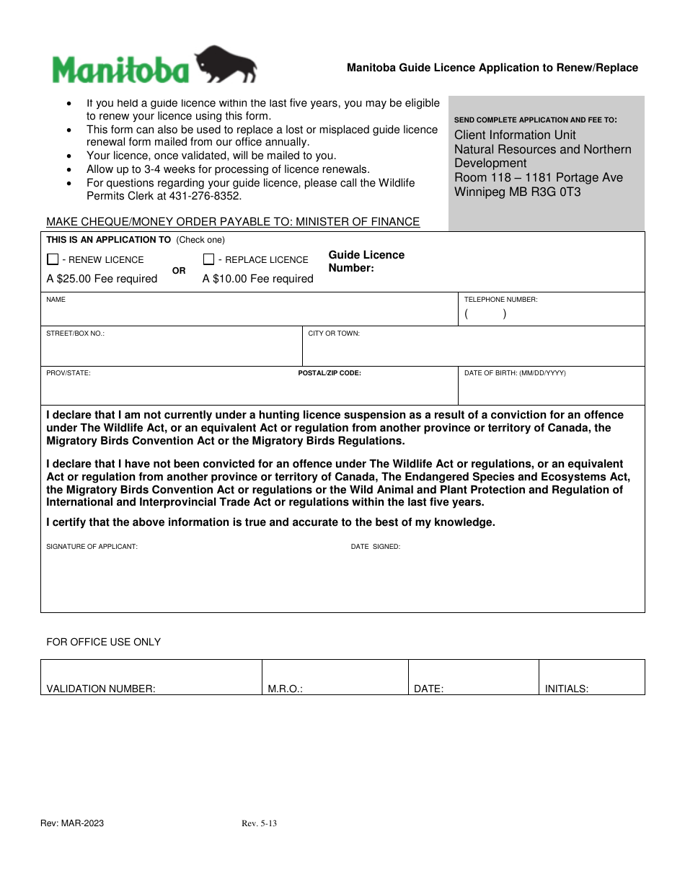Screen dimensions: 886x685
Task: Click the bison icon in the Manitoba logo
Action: (x=226, y=66)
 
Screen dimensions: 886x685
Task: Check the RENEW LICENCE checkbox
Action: (x=53, y=259)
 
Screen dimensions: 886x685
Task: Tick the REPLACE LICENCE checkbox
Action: (x=209, y=259)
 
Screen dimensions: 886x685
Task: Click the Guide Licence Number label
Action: (x=366, y=261)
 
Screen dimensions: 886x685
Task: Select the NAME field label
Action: (x=56, y=299)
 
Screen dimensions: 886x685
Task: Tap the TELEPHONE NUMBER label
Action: (x=500, y=299)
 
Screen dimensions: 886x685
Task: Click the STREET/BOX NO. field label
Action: (x=75, y=334)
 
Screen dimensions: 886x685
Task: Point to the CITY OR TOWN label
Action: (x=334, y=334)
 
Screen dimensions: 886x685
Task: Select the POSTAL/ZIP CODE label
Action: (x=330, y=373)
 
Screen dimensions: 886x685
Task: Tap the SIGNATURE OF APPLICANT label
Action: (x=92, y=547)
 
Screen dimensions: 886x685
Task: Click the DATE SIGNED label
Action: (x=375, y=547)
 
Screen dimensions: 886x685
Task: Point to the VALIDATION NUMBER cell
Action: (x=101, y=689)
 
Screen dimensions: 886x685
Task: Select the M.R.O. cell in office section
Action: (x=285, y=689)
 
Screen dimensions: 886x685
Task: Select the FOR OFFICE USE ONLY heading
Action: (x=103, y=642)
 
